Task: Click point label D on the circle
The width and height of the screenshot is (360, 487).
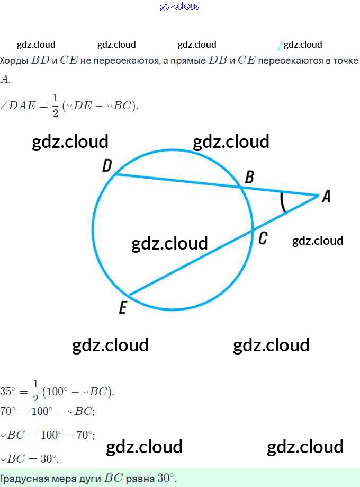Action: coord(107,167)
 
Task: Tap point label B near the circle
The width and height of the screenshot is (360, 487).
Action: coord(250,177)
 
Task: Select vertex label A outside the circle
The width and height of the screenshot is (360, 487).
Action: coord(326,197)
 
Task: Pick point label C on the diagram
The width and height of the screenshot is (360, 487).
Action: coord(263,239)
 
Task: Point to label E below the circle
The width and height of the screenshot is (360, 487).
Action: coord(123,308)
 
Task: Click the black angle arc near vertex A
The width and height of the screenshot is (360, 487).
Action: coord(283,202)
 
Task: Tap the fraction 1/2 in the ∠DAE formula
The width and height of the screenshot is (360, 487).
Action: coord(55,106)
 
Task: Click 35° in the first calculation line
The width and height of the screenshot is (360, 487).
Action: coord(8,392)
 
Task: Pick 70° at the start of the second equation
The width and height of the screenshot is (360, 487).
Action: coord(8,411)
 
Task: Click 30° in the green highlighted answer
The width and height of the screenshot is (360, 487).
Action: coord(166,478)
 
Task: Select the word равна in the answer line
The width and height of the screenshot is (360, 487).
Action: coord(140,478)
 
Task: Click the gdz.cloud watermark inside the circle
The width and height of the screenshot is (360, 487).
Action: coord(169,243)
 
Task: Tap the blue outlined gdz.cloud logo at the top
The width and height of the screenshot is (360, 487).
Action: coord(180,6)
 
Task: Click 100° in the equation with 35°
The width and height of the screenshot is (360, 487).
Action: coord(57,392)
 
